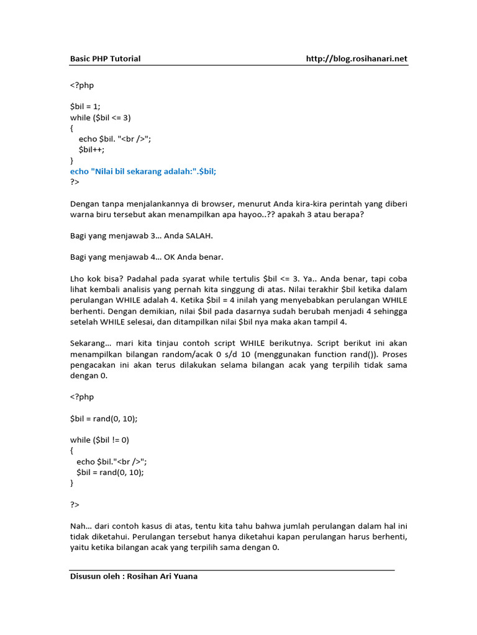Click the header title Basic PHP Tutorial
(105, 59)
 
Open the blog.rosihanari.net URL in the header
(357, 59)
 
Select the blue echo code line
(143, 171)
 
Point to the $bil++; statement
(91, 149)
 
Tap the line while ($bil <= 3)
(101, 117)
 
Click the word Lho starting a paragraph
(77, 279)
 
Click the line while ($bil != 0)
(99, 440)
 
